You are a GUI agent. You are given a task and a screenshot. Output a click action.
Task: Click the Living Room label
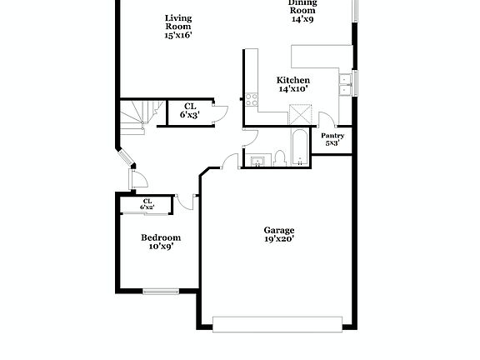pyautogui.click(x=178, y=27)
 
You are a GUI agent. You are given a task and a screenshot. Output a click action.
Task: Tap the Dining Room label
pyautogui.click(x=302, y=10)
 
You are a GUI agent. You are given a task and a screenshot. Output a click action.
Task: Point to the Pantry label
pyautogui.click(x=333, y=138)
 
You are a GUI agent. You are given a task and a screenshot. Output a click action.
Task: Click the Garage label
pyautogui.click(x=279, y=230)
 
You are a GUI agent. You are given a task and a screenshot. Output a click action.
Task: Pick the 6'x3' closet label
pyautogui.click(x=190, y=111)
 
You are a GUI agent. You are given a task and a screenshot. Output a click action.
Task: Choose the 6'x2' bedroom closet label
pyautogui.click(x=147, y=204)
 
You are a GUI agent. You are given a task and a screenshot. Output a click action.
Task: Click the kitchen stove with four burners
pyautogui.click(x=250, y=100)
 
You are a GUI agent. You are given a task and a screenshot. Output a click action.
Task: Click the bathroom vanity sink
pyautogui.click(x=257, y=160)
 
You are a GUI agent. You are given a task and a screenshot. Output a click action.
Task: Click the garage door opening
pyautogui.click(x=277, y=323)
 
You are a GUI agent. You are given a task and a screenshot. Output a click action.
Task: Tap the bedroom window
pyautogui.click(x=160, y=291)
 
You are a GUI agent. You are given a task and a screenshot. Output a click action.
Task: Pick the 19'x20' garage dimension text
pyautogui.click(x=279, y=239)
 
